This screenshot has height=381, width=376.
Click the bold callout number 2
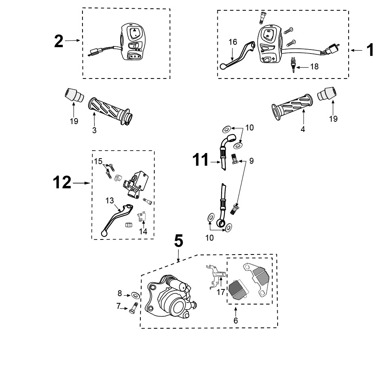[x=59, y=41]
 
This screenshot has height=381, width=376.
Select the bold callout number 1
[x=370, y=50]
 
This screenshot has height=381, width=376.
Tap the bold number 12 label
[x=62, y=182]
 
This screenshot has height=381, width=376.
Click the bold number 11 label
[x=201, y=160]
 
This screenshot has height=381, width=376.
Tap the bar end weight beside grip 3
[x=74, y=95]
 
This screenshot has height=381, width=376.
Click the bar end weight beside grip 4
[x=327, y=94]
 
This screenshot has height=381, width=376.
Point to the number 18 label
[x=314, y=67]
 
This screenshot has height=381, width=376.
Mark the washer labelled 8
[x=135, y=295]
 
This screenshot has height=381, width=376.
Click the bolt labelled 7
[x=133, y=308]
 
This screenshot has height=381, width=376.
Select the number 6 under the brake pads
[x=236, y=320]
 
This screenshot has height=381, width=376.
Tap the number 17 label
[x=221, y=292]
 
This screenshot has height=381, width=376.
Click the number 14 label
[x=143, y=231]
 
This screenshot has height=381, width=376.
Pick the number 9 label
[x=251, y=161]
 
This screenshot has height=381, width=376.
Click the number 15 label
[x=98, y=161]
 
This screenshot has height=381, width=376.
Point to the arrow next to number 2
[x=73, y=40]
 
